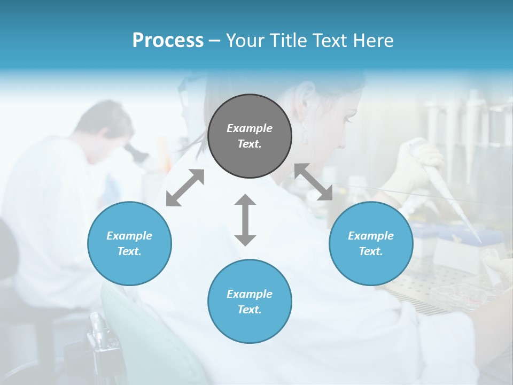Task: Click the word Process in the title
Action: point(168,41)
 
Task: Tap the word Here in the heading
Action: point(374,41)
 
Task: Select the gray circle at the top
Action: point(250,136)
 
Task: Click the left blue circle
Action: point(129,243)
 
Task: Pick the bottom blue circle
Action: point(250,302)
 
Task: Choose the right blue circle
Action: point(371,243)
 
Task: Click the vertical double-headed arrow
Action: point(245,220)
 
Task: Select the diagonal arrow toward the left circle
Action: point(185,187)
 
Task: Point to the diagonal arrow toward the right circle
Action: point(314,182)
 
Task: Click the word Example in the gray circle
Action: point(250,128)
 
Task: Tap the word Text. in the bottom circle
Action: point(250,310)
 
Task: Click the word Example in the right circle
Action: point(371,236)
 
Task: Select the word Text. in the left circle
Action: point(129,251)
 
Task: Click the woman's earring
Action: point(304,135)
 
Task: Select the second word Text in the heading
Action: point(328,41)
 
